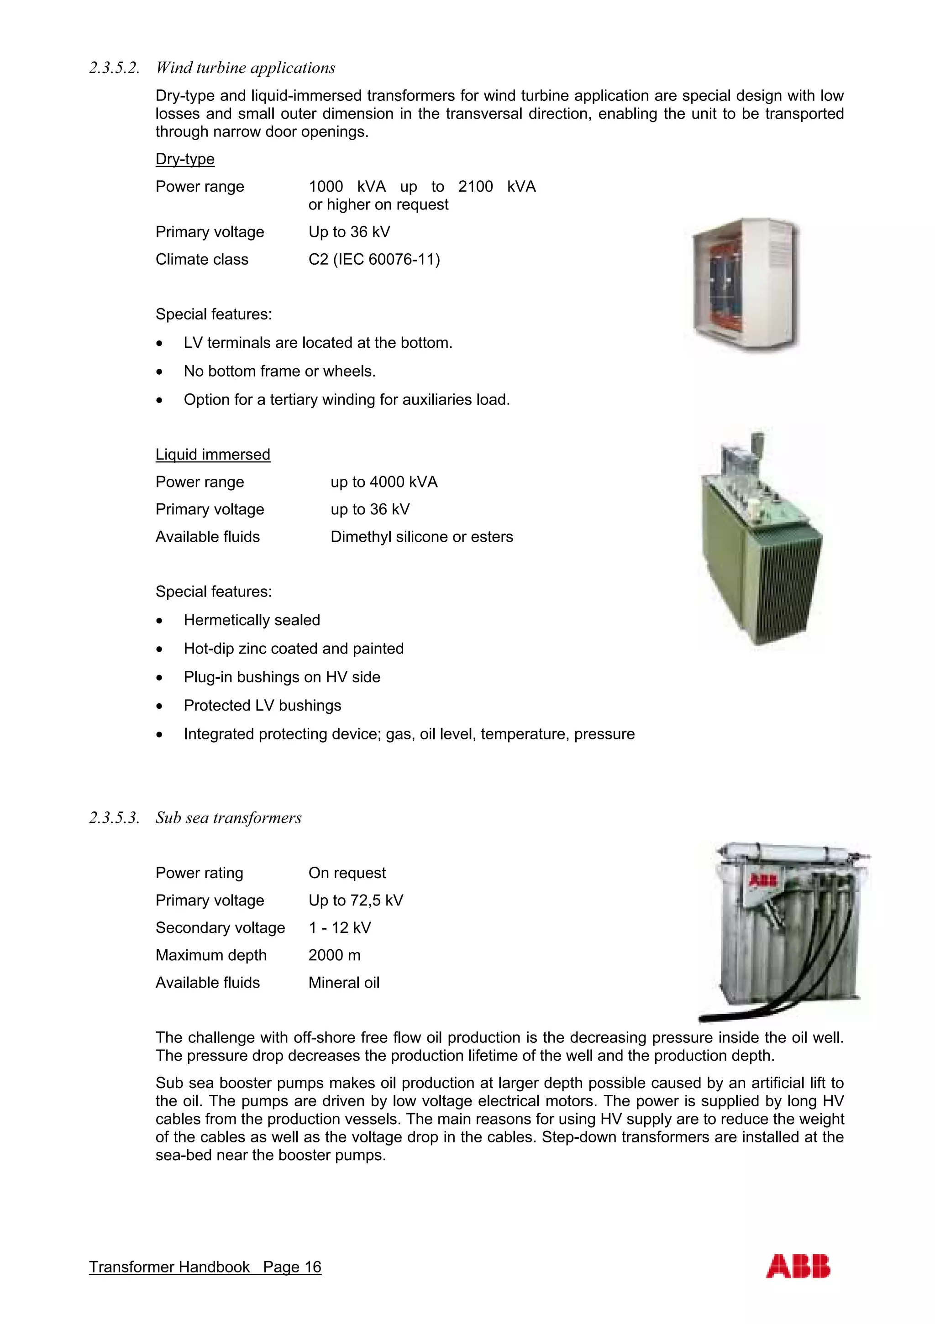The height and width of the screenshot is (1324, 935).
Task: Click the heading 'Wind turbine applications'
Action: pyautogui.click(x=245, y=68)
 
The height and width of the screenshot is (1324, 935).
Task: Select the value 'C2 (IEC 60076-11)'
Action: pyautogui.click(x=374, y=260)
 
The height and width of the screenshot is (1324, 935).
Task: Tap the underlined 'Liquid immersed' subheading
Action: pyautogui.click(x=212, y=455)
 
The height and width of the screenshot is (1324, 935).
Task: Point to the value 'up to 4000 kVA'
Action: pyautogui.click(x=383, y=482)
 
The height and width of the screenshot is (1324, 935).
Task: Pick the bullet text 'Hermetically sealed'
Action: pyautogui.click(x=252, y=620)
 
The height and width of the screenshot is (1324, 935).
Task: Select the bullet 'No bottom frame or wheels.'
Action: pyautogui.click(x=279, y=372)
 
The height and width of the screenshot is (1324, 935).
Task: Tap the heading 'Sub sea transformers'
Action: pyautogui.click(x=228, y=818)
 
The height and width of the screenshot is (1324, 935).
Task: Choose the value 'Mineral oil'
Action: pyautogui.click(x=344, y=983)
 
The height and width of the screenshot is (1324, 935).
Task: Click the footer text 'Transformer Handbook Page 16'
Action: pyautogui.click(x=205, y=1267)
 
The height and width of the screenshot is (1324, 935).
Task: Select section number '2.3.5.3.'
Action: pyautogui.click(x=114, y=818)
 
